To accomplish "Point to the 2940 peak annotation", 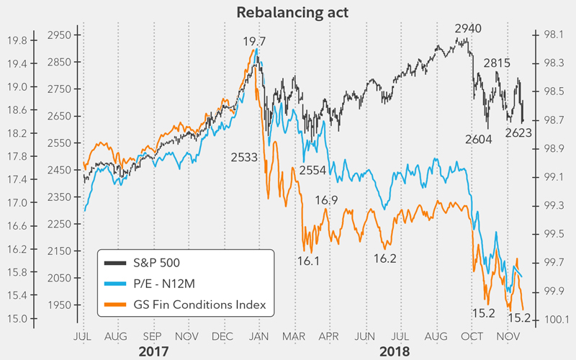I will click(468, 29).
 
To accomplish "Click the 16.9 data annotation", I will click(326, 200).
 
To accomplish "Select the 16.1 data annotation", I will click(307, 261).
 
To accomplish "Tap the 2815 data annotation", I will click(497, 63).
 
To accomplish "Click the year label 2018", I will click(395, 352).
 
